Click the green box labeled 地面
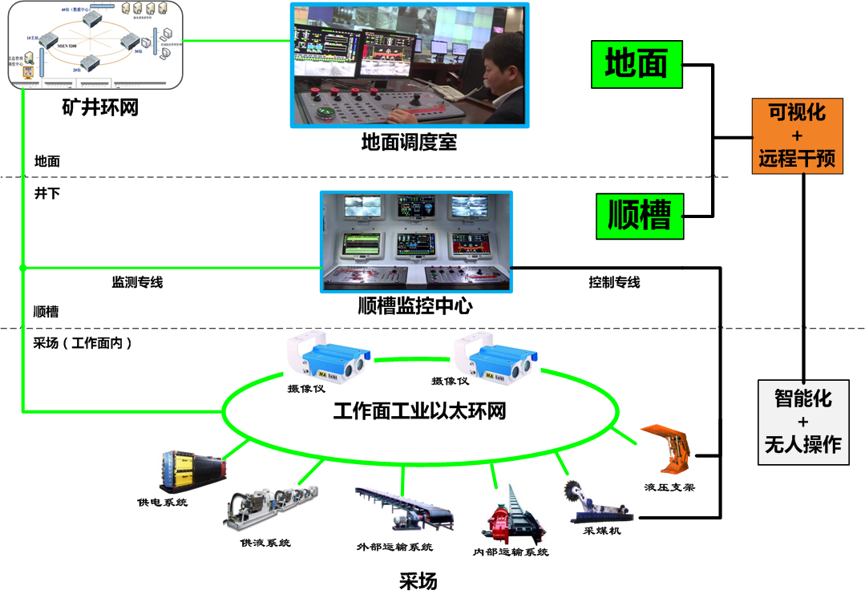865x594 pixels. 637,64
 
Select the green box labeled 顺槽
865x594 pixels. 640,216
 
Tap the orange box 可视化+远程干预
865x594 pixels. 797,135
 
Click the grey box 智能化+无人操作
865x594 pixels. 802,421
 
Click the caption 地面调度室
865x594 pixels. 409,143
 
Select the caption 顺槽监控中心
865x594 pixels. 415,305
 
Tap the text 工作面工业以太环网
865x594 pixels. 419,412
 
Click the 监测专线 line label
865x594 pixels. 137,282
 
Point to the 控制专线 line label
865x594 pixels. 614,282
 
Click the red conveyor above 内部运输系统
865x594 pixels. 505,517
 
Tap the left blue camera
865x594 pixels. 328,355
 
